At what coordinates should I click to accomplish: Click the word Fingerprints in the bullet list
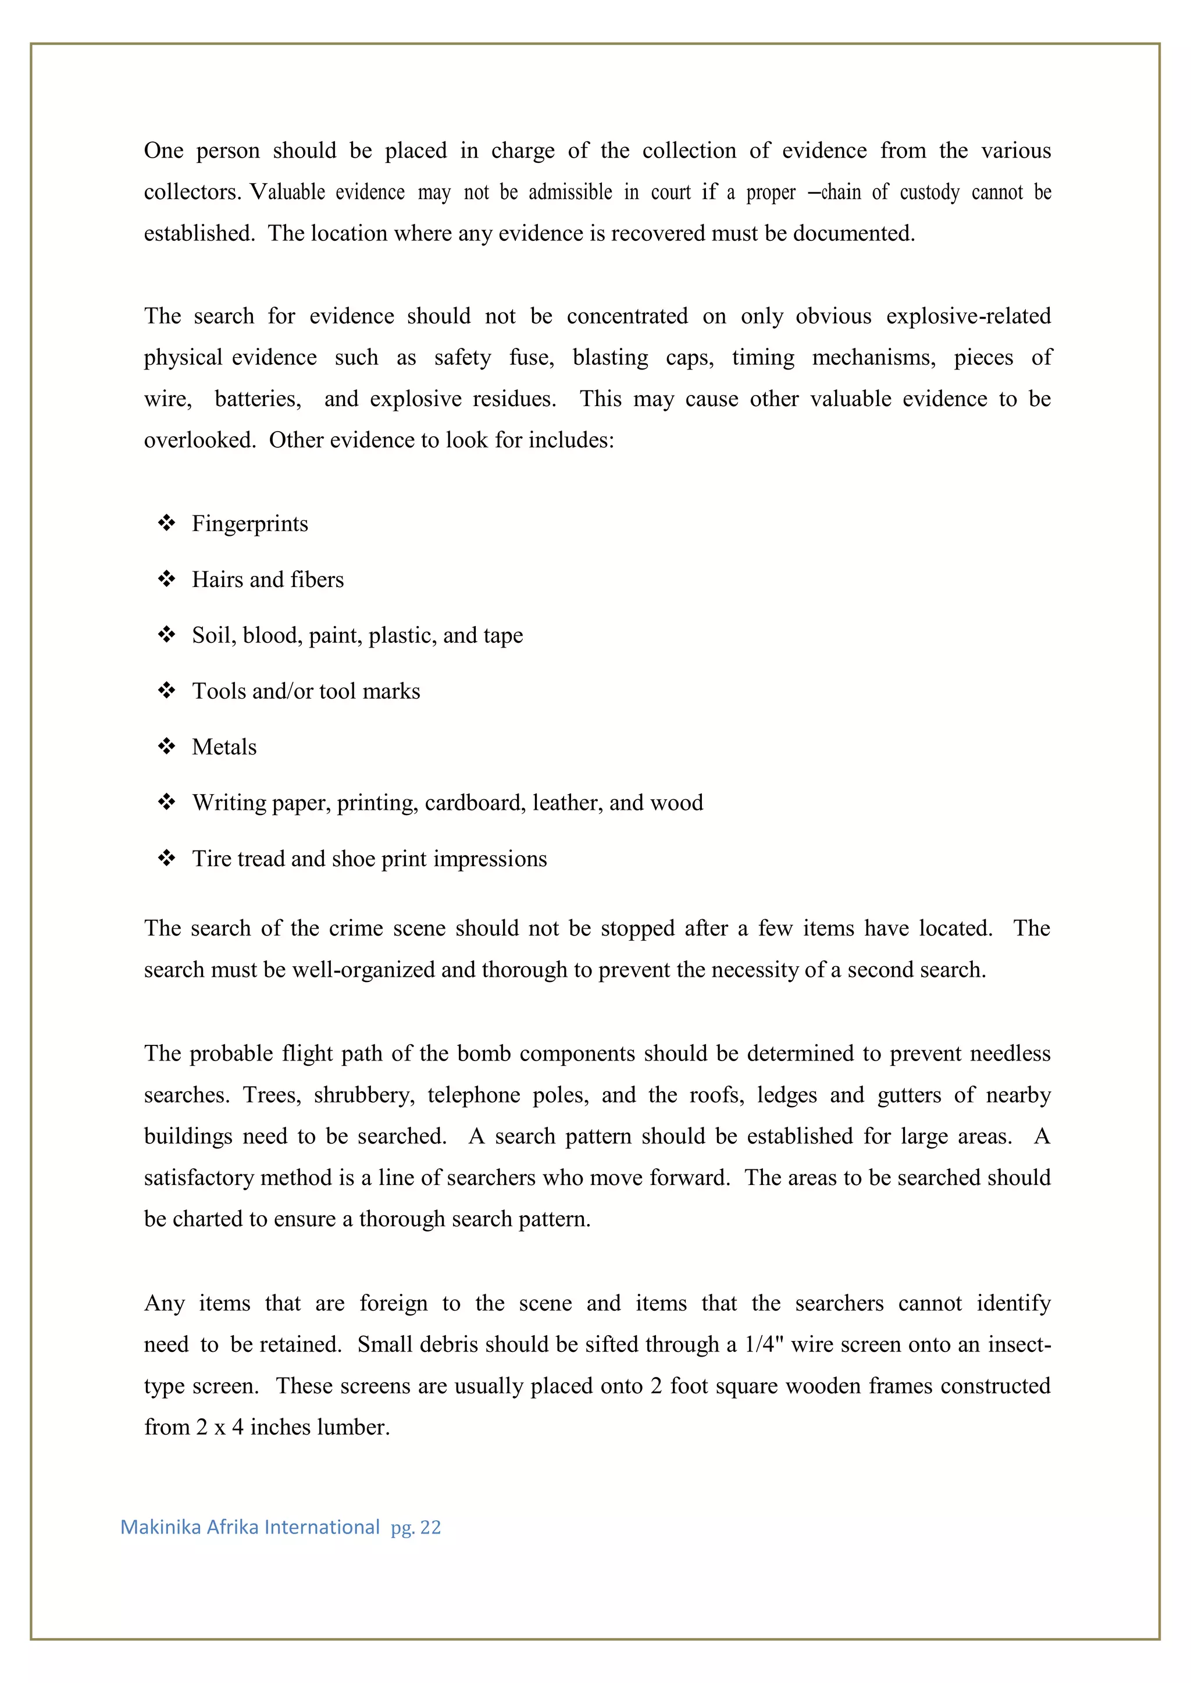click(x=249, y=524)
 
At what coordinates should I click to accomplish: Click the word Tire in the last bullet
click(x=208, y=859)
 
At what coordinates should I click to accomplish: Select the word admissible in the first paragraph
click(x=570, y=192)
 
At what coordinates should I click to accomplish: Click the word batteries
click(x=258, y=399)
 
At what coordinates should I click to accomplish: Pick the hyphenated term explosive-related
click(x=968, y=316)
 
